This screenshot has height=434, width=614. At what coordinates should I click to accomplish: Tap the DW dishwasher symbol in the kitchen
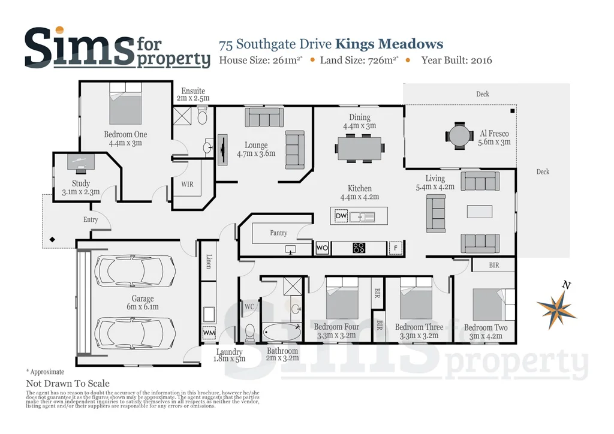(341, 216)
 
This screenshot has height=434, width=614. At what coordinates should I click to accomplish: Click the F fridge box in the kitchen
(395, 248)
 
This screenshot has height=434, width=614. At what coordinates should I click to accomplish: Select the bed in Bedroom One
(125, 105)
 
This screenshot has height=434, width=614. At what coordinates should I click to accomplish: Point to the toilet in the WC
(250, 332)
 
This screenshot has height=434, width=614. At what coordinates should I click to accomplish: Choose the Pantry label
(278, 233)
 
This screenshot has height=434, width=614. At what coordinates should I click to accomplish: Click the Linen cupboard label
(208, 261)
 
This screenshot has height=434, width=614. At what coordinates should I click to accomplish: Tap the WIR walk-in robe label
(187, 185)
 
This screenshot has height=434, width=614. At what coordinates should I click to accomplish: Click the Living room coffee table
(480, 212)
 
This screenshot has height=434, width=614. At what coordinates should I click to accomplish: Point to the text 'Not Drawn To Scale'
(68, 384)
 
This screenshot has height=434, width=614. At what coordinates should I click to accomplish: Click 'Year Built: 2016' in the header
(456, 60)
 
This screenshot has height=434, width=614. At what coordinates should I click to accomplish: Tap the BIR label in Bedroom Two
(493, 264)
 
